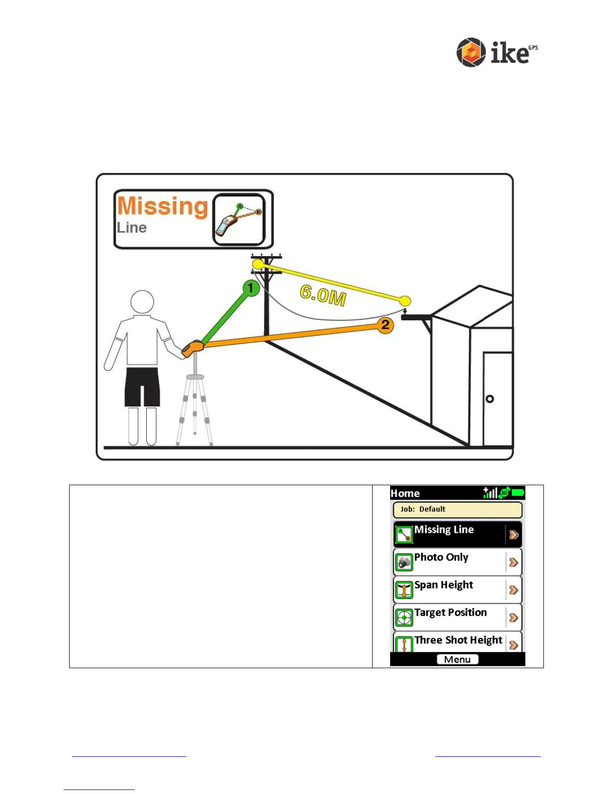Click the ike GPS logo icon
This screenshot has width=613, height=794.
[x=471, y=52]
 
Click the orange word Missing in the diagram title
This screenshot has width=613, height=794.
[x=162, y=206]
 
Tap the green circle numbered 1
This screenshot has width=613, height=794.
[x=251, y=288]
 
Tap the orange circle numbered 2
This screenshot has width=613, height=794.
[x=385, y=325]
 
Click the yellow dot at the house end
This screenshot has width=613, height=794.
[x=405, y=301]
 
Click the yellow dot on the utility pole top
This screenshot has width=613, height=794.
[x=258, y=264]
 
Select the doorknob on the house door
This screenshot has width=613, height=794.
[x=490, y=399]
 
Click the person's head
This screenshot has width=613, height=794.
[x=142, y=302]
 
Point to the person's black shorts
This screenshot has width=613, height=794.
[x=142, y=386]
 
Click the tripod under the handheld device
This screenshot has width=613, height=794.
[x=195, y=406]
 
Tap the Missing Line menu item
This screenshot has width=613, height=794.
[x=457, y=534]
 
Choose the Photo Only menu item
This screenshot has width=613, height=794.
[x=457, y=562]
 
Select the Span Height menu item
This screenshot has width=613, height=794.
[x=457, y=589]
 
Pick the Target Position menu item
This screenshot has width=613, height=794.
[x=457, y=617]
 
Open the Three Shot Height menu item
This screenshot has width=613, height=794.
[x=457, y=642]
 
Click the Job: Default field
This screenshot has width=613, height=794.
[x=457, y=509]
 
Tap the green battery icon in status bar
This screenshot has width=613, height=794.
[x=518, y=493]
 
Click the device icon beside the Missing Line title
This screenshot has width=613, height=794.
[x=239, y=220]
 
